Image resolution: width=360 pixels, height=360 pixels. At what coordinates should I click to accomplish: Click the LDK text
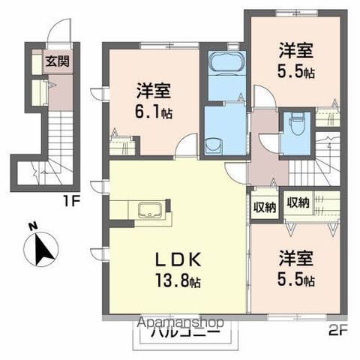[178, 259]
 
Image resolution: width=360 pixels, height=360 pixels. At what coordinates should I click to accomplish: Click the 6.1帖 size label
[156, 113]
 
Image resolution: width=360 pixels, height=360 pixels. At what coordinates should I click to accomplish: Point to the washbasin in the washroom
[212, 143]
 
